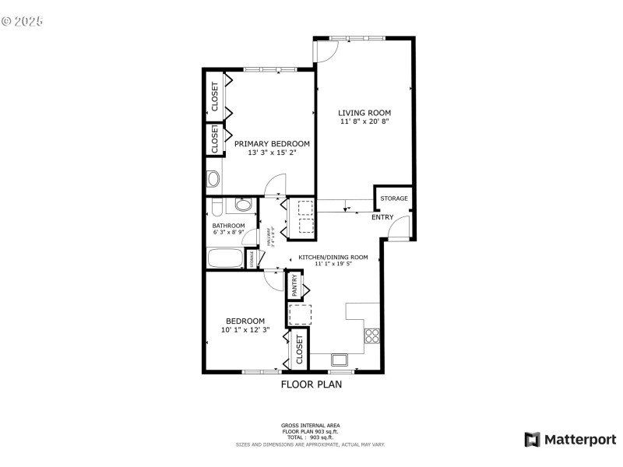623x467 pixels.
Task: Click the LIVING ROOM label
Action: click(x=364, y=113)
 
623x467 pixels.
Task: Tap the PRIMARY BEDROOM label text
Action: click(x=272, y=144)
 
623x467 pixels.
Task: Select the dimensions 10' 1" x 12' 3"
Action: click(x=245, y=330)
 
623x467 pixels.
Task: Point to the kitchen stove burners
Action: click(x=371, y=336)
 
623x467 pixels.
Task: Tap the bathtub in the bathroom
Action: click(x=225, y=258)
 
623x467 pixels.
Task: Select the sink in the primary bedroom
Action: click(x=213, y=179)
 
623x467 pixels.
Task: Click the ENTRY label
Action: click(x=382, y=217)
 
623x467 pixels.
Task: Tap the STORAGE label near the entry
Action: click(x=393, y=199)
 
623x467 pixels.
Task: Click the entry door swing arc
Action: click(x=399, y=227)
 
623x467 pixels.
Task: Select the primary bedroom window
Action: click(x=269, y=70)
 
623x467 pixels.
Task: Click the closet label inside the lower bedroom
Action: click(x=298, y=349)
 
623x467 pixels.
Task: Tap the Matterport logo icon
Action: click(x=533, y=440)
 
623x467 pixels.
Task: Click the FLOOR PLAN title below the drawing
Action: click(x=311, y=384)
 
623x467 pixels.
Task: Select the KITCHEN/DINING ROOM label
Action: click(x=340, y=257)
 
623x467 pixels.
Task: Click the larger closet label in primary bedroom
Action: click(x=215, y=97)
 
